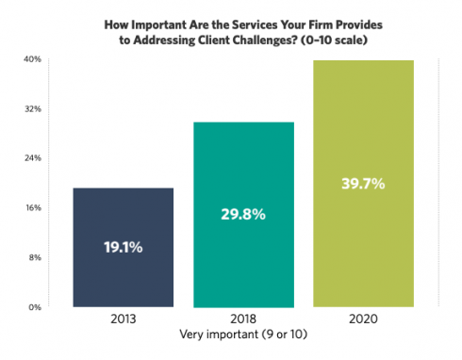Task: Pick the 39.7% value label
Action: [x=362, y=184]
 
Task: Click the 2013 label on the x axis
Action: [x=122, y=319]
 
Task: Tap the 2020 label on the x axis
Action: [x=362, y=319]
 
